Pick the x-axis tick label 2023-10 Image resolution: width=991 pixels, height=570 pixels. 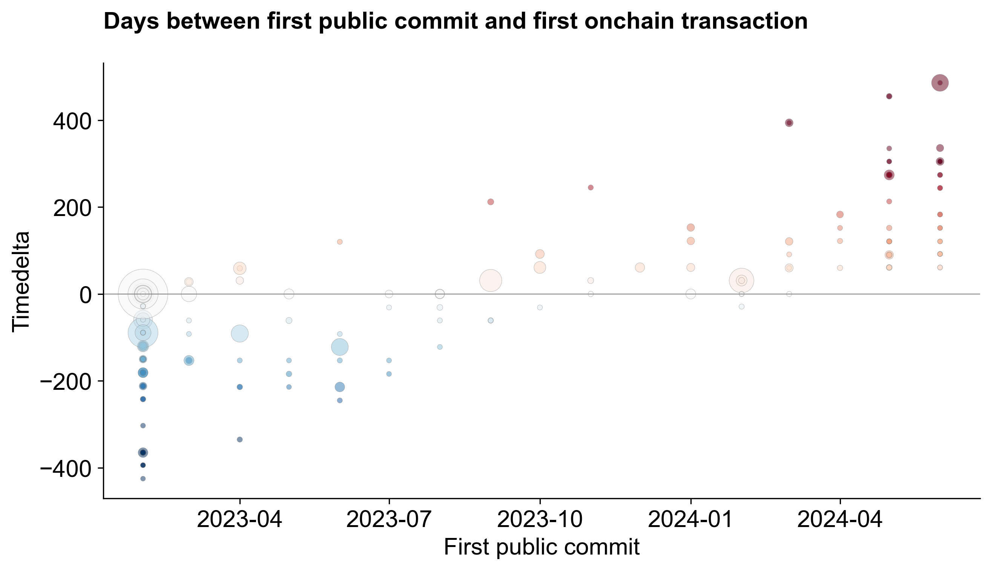(540, 520)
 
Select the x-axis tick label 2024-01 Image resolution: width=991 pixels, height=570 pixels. (690, 520)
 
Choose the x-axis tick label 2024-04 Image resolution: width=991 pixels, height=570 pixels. (839, 520)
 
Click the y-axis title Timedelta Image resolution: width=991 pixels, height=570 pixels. (20, 282)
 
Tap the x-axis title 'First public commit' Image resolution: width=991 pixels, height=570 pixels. (542, 547)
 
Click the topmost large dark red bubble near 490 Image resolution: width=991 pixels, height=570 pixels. (940, 83)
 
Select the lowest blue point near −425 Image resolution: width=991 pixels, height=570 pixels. (143, 478)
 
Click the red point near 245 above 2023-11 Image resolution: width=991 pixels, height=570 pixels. (591, 187)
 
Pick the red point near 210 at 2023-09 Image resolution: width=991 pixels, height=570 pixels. (490, 202)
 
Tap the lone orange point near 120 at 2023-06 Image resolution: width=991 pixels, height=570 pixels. (339, 242)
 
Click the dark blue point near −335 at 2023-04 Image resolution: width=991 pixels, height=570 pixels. (239, 439)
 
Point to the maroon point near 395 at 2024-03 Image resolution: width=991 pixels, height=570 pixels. (789, 123)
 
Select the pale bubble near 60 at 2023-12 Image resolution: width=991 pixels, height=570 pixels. (640, 267)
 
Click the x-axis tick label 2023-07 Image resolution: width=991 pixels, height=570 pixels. (388, 520)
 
